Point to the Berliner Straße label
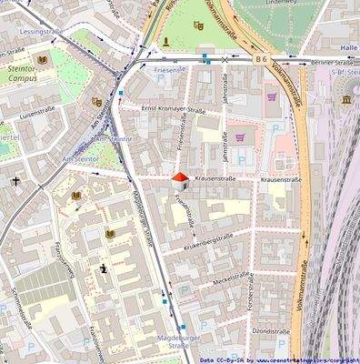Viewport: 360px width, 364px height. (330, 62)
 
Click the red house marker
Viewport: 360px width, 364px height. (180, 180)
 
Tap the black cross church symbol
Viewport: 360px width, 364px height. (15, 180)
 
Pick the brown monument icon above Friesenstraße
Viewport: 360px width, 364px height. (165, 42)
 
